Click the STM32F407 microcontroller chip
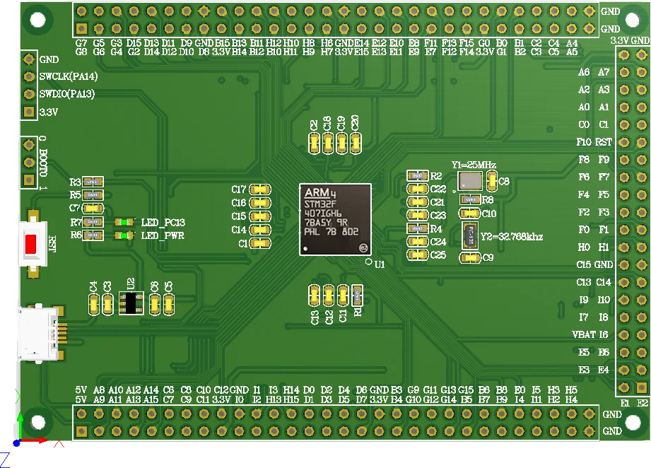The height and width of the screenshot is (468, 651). [335, 218]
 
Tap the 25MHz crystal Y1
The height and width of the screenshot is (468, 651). [469, 180]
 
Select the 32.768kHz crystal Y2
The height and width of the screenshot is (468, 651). [470, 235]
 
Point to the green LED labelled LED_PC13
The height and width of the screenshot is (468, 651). [124, 222]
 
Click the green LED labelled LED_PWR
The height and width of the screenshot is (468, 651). [124, 235]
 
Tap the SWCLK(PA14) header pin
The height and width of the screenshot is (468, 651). [29, 76]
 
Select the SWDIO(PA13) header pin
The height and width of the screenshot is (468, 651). [29, 94]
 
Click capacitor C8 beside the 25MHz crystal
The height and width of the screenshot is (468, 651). [492, 181]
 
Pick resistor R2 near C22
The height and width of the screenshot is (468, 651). [417, 175]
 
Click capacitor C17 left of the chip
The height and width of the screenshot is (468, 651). [260, 189]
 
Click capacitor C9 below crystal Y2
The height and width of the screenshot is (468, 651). [469, 258]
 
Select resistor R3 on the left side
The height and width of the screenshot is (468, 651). [93, 182]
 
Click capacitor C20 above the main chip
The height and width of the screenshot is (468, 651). [356, 143]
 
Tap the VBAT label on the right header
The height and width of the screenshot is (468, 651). [583, 334]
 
